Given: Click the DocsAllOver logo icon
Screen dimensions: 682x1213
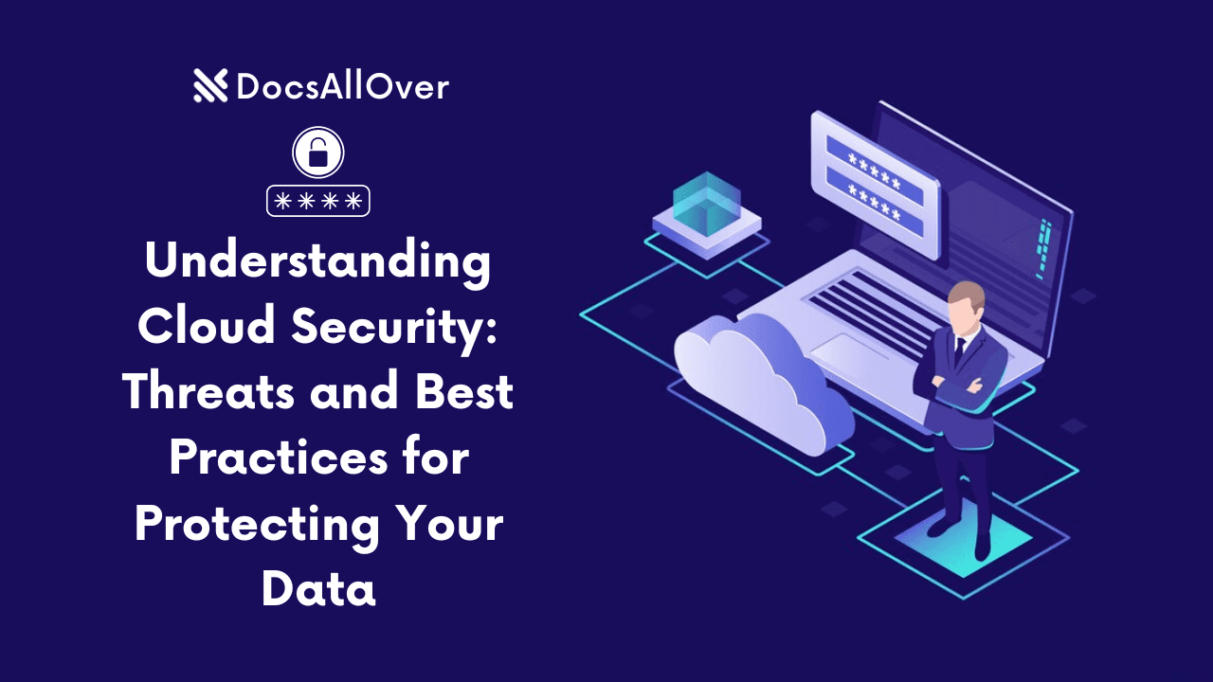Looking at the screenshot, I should click(x=209, y=86).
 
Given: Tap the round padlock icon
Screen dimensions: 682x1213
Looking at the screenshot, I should click(x=317, y=153).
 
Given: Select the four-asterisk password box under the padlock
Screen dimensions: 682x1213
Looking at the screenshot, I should click(x=317, y=200).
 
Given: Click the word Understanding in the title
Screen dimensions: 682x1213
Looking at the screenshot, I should click(x=317, y=261).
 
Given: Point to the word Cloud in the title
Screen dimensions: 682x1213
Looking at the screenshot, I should click(x=208, y=327).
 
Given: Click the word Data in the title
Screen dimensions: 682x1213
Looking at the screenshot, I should click(x=318, y=589).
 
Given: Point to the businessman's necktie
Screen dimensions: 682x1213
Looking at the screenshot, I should click(x=959, y=351).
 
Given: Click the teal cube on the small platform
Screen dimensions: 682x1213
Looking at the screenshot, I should click(x=706, y=201).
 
